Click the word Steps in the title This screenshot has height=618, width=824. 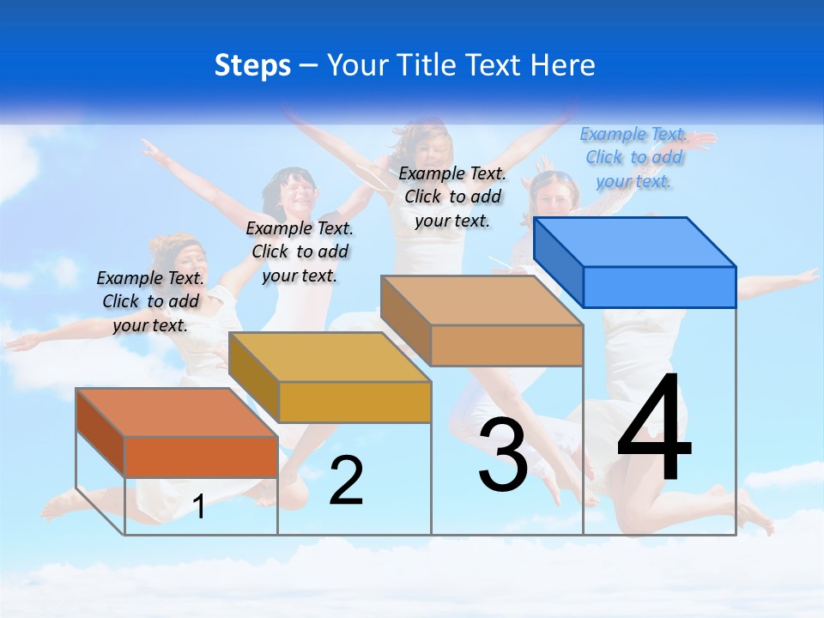(x=252, y=65)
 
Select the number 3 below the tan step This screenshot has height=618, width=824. (x=503, y=456)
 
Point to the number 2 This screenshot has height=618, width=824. (x=346, y=481)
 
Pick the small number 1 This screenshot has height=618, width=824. (x=199, y=507)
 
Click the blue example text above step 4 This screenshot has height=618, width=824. (x=633, y=157)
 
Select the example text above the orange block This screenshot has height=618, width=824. (x=150, y=301)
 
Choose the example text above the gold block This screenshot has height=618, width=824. (x=300, y=251)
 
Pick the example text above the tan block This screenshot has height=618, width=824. (x=452, y=197)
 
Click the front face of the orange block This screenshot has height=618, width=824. (x=201, y=457)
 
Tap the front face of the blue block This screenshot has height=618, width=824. (x=659, y=287)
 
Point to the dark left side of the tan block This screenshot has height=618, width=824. (x=405, y=319)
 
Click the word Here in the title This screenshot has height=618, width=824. (x=566, y=65)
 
